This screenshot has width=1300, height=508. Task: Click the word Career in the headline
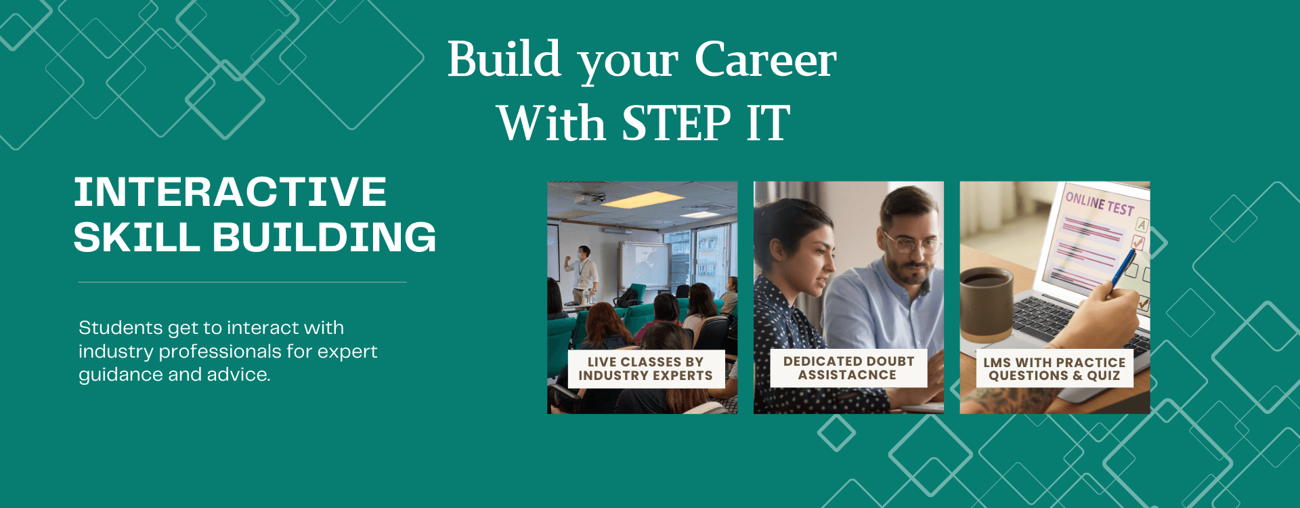point(766,60)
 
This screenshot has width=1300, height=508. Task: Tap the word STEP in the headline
point(676,123)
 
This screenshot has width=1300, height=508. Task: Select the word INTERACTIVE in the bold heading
point(230,192)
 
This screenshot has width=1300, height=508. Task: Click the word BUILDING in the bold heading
point(324,237)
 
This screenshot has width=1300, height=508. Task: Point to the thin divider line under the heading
point(242,282)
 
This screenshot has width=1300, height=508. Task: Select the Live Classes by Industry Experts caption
point(646,369)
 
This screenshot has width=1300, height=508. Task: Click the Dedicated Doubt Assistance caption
point(848,368)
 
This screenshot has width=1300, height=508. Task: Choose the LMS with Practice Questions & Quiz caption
point(1054,369)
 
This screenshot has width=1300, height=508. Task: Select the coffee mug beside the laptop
point(987,304)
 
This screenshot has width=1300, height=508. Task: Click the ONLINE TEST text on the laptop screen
point(1100,203)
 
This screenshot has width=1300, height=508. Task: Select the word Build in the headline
point(504,59)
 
